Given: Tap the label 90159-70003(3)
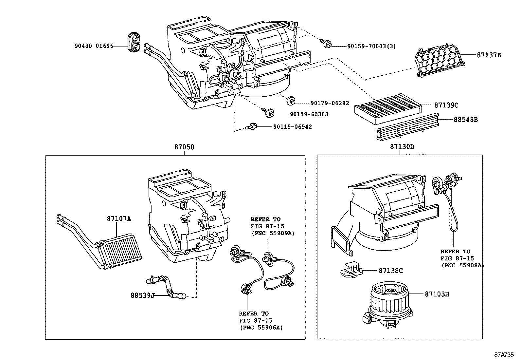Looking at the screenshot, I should coord(371,46).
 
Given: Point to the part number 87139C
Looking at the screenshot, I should coord(446,105).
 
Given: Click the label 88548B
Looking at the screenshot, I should coord(465,120).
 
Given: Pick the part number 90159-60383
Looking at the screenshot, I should coord(309,114).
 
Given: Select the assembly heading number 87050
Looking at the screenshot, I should coord(184,147).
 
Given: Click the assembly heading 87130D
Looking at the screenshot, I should coord(402,147).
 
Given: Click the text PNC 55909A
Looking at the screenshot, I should coord(273,234).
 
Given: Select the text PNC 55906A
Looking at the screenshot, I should coord(261,327).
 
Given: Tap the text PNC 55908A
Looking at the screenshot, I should coord(462,265).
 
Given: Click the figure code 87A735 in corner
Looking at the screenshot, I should coord(504,355).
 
